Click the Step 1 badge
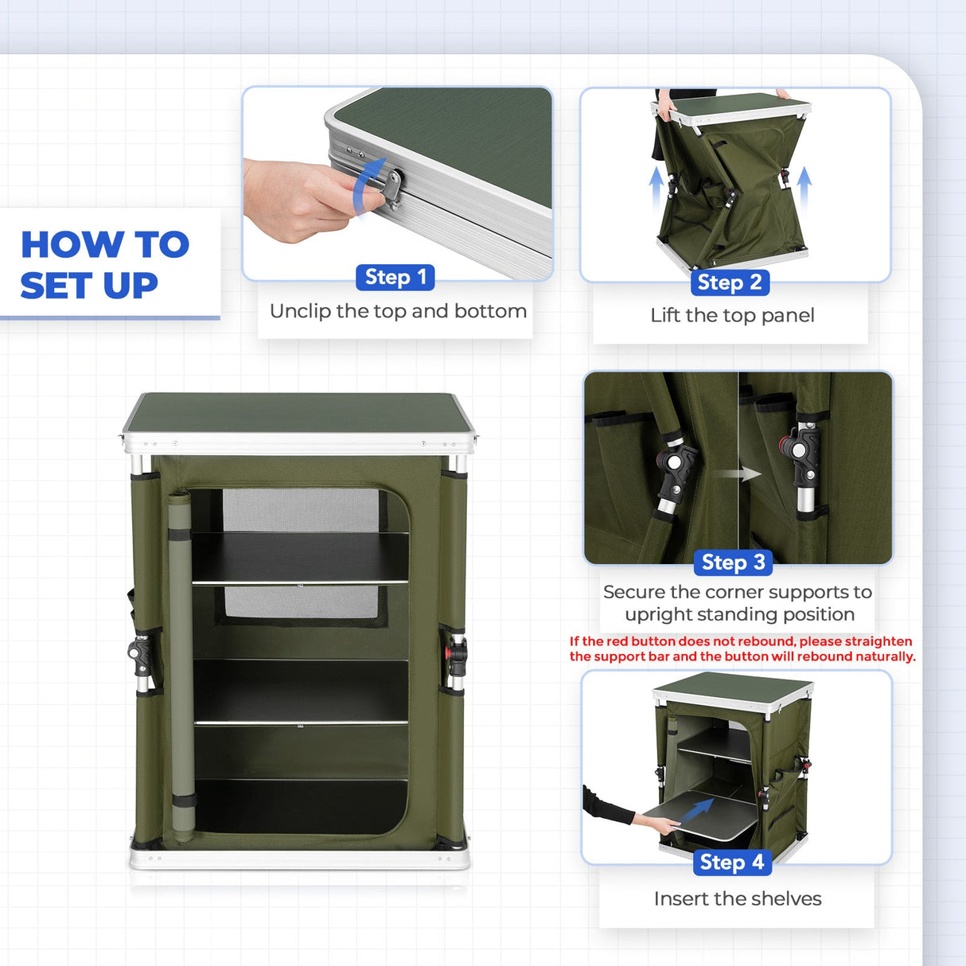click(395, 277)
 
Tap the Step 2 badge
click(730, 282)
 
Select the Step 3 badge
click(733, 563)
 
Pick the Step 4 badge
click(731, 863)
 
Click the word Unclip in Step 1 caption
click(300, 311)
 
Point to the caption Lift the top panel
click(732, 316)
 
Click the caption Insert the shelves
click(737, 899)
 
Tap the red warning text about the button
click(742, 649)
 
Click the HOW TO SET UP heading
click(104, 264)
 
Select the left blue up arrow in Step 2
click(656, 187)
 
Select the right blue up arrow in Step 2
click(804, 187)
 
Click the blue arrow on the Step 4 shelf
click(698, 810)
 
